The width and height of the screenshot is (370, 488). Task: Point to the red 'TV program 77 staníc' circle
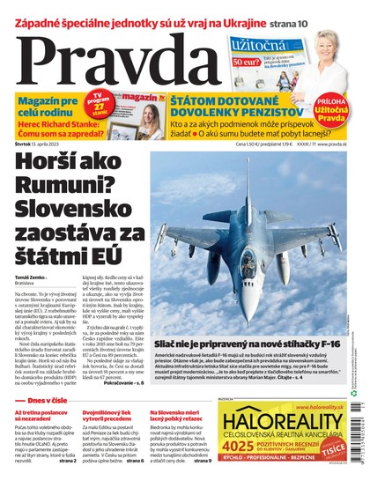pos(100,103)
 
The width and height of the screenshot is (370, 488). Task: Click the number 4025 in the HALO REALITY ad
pos(237,457)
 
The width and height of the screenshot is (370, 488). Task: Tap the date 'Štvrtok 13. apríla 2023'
pos(39,144)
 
